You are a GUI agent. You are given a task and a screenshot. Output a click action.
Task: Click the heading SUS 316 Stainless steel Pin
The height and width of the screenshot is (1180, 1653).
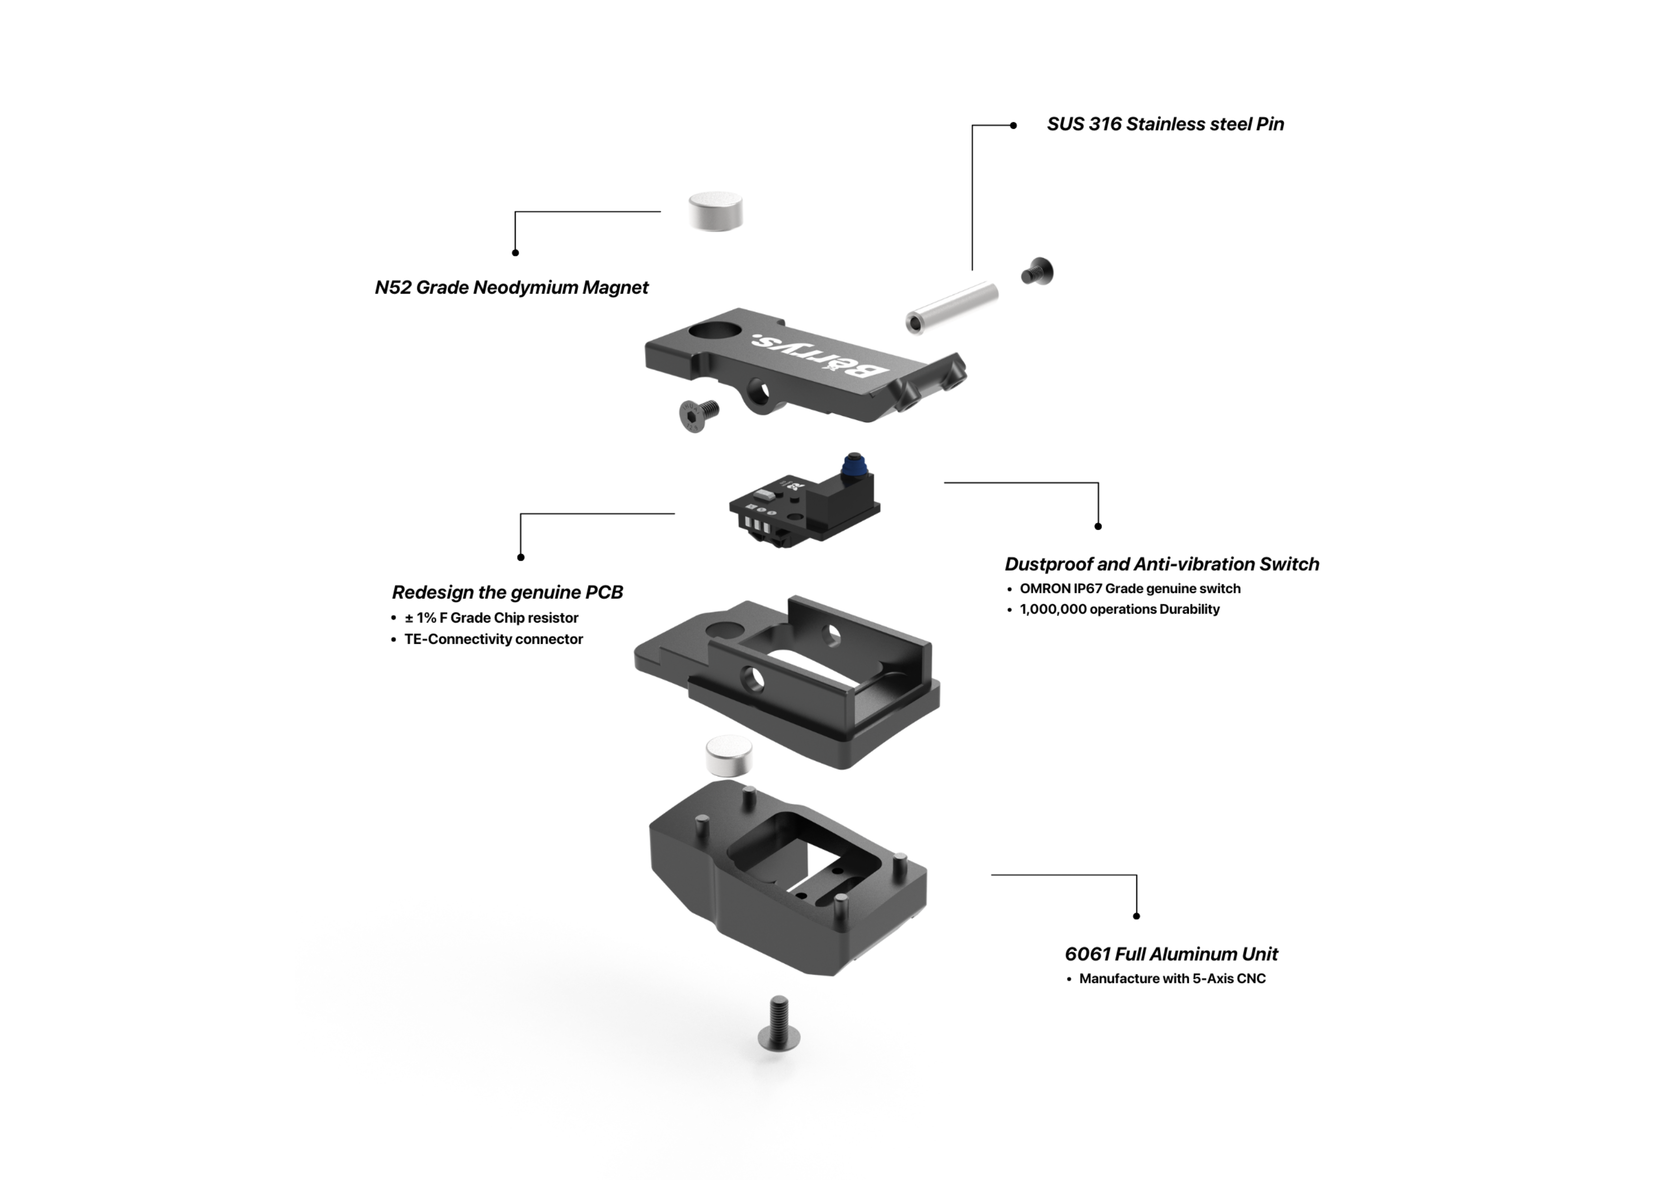[1165, 124]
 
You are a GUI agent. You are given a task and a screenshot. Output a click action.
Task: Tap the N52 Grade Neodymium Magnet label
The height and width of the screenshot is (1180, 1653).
[511, 288]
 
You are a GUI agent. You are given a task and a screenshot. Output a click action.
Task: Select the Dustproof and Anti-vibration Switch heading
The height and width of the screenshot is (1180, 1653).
[1162, 564]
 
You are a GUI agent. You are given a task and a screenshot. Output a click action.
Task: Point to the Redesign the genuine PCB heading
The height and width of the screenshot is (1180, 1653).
[507, 592]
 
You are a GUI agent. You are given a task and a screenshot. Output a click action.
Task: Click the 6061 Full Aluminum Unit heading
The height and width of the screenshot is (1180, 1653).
[1171, 954]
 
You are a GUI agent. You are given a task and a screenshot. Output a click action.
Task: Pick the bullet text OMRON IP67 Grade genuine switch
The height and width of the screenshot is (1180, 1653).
[1130, 589]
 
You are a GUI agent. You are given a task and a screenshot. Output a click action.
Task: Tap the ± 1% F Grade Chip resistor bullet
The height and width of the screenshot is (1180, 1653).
[491, 617]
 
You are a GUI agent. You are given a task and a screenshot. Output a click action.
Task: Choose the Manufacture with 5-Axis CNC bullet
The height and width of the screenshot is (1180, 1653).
[1173, 979]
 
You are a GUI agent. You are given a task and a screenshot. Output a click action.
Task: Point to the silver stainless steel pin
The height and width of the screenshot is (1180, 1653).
[952, 308]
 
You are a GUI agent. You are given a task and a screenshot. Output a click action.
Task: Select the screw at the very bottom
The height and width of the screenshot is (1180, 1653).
[778, 1024]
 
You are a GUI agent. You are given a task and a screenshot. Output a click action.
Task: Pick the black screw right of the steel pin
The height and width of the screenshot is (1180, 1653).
[1037, 272]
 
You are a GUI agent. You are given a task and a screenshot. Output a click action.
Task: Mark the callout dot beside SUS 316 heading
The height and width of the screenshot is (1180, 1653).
[1014, 126]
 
